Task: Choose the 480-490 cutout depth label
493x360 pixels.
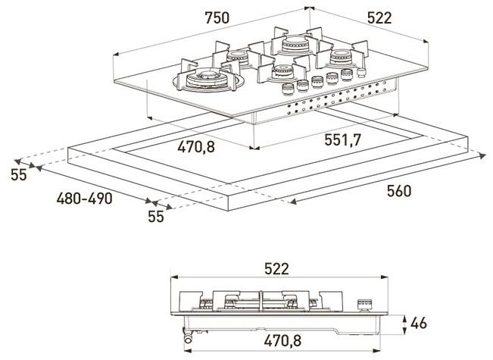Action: pos(85,199)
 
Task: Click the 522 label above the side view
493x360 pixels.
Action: pos(276,269)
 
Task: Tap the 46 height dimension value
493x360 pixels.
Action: pos(418,324)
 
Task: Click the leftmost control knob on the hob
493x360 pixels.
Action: pos(289,89)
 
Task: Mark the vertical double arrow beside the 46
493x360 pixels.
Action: pos(404,323)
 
